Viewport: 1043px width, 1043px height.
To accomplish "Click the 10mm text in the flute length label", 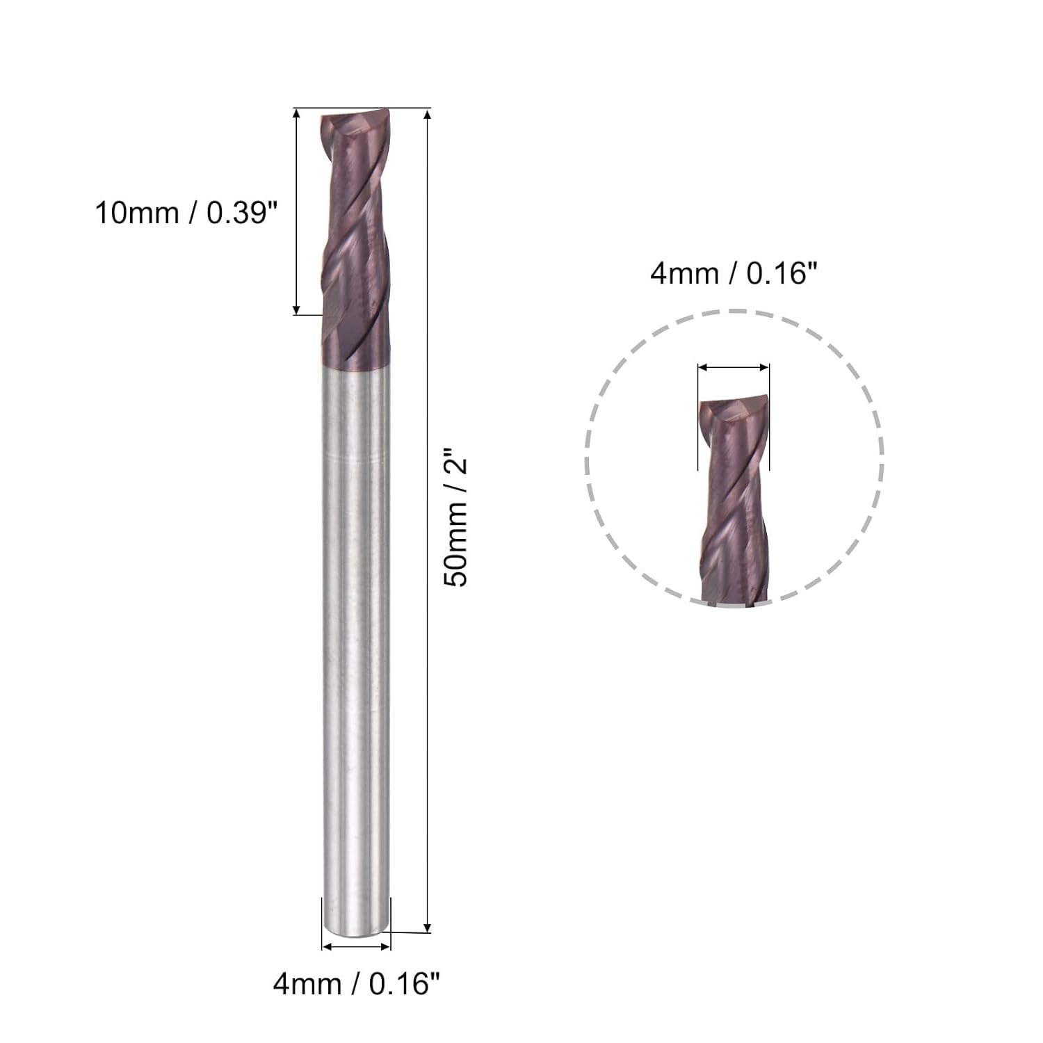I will coord(136,213).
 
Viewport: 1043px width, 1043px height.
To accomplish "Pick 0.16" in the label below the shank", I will coord(405,984).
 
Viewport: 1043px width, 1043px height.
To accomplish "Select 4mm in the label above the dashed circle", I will coord(684,274).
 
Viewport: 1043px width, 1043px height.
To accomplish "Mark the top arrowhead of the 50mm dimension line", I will coord(427,114).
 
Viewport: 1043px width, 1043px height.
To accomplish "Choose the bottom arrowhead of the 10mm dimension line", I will coord(297,309).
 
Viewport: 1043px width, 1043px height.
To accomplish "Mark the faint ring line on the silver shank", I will coord(356,460).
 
